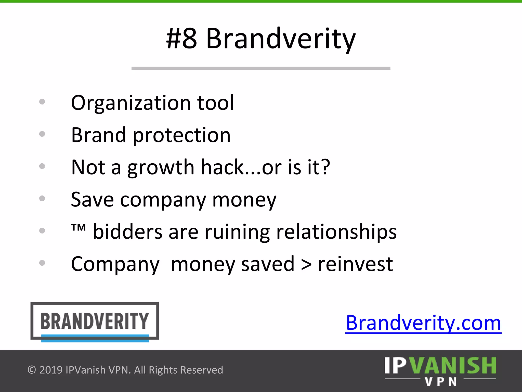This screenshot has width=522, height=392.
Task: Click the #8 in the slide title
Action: point(181,39)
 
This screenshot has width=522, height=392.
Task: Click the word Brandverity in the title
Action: point(280,39)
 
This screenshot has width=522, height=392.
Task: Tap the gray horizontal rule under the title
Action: point(261,68)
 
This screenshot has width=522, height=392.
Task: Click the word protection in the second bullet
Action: point(181,135)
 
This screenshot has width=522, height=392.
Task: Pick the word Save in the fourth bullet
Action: point(92,200)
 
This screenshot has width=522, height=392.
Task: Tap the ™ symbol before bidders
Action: point(78,227)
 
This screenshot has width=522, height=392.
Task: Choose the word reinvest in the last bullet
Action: point(355,264)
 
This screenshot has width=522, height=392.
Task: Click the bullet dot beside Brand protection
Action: point(42,134)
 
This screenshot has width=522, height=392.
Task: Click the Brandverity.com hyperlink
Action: point(423,323)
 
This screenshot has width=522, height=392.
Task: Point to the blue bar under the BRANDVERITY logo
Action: point(95,338)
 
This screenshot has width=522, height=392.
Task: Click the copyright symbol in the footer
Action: point(32,370)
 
